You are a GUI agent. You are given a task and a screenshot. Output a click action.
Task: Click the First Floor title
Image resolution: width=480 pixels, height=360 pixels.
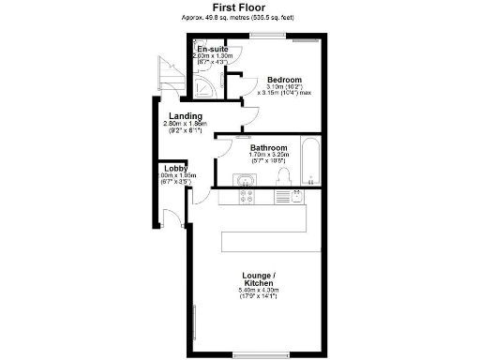tap(240, 7)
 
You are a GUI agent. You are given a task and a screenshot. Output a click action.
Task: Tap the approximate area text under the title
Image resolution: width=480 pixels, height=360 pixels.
tap(240, 18)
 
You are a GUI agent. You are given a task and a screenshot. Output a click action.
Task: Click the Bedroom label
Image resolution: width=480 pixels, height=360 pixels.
tap(283, 79)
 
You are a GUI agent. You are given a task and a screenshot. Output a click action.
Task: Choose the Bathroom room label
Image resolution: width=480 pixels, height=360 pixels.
tap(268, 148)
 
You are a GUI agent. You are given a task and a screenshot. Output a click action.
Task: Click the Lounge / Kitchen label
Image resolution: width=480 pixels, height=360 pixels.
tap(257, 278)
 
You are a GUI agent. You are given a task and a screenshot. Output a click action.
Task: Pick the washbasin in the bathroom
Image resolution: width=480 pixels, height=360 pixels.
tap(246, 177)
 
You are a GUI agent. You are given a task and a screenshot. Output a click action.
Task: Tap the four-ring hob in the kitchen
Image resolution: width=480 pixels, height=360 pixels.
tap(248, 195)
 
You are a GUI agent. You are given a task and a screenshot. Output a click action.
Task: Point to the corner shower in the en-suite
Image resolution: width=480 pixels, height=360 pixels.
tap(202, 87)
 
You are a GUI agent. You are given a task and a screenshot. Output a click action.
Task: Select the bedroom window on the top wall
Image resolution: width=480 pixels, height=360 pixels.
tap(268, 37)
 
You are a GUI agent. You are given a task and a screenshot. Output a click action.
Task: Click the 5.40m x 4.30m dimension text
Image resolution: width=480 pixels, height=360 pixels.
tap(257, 293)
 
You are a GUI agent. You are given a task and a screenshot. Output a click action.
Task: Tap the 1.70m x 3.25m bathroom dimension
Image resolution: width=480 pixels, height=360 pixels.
tap(268, 157)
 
